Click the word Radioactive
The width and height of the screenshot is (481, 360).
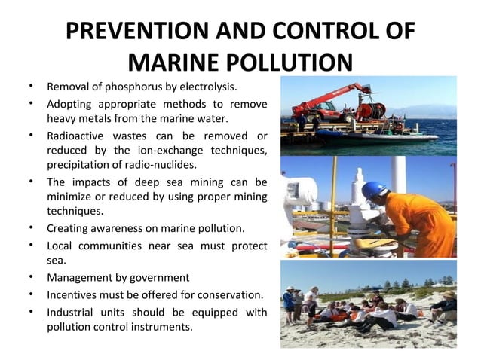[x=78, y=136]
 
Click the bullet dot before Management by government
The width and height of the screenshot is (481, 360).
[x=29, y=277]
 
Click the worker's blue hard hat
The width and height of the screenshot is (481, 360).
[x=374, y=190]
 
